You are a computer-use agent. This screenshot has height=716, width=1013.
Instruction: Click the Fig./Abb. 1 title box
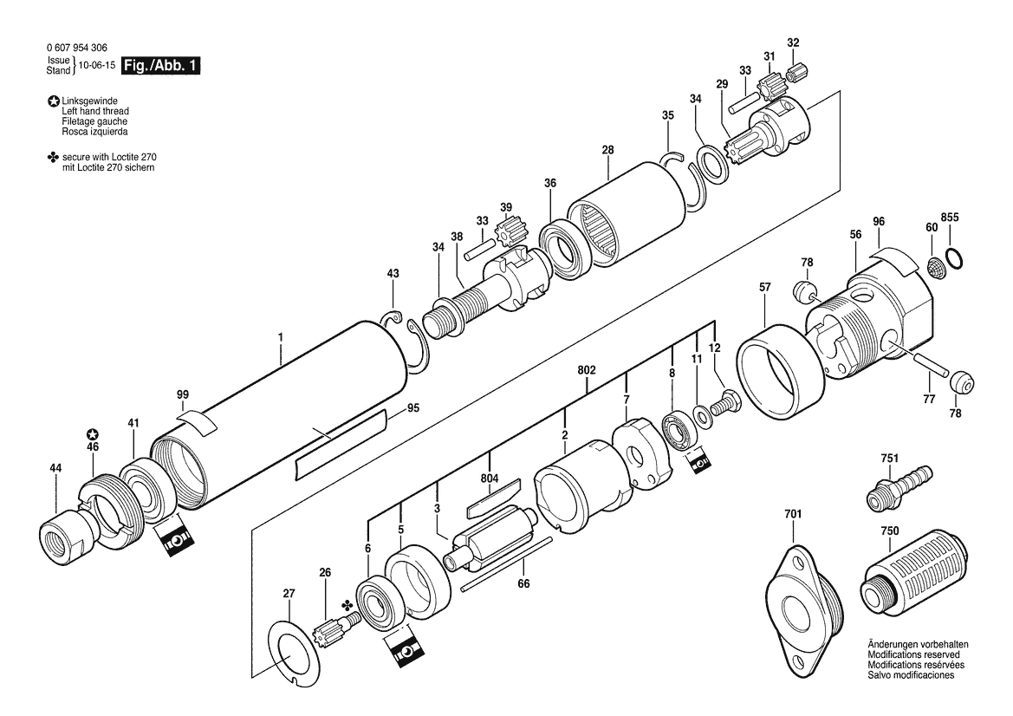161,66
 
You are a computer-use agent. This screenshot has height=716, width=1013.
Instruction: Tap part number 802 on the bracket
587,370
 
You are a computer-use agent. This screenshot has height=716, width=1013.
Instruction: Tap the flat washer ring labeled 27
295,652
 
